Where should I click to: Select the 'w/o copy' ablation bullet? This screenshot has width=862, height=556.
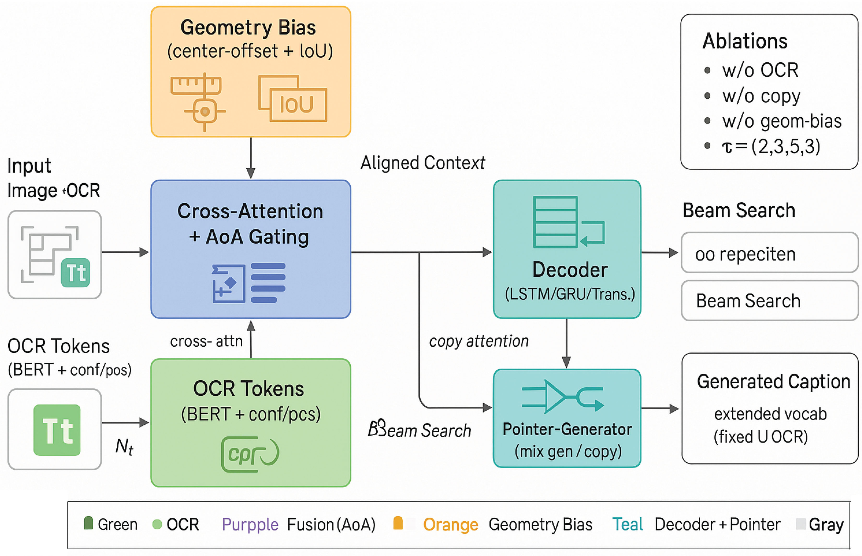[761, 96]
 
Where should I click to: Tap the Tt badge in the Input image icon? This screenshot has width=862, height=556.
[75, 273]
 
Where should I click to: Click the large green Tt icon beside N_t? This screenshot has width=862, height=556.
[57, 430]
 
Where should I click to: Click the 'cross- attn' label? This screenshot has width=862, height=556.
[206, 341]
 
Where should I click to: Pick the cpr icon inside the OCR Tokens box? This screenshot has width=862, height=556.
[250, 454]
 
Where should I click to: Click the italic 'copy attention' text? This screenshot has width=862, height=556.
[479, 341]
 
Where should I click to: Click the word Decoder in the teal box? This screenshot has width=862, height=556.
[570, 270]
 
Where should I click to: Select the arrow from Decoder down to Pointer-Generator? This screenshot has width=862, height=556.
[566, 343]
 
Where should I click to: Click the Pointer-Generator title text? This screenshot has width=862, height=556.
[567, 429]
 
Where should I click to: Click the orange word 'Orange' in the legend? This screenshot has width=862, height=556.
[450, 525]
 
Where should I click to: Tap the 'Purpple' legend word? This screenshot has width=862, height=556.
[250, 525]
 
